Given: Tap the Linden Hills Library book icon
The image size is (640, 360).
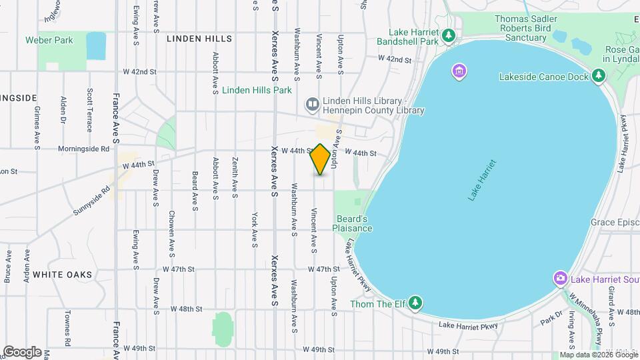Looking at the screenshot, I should [312, 103].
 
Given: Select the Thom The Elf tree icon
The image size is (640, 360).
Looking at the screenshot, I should [416, 304].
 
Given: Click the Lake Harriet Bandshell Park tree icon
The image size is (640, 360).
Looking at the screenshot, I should [449, 35].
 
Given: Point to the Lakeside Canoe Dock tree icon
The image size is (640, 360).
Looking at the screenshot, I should [599, 77].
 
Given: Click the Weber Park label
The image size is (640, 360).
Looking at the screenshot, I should [49, 40].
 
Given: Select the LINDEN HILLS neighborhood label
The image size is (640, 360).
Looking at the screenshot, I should [199, 39].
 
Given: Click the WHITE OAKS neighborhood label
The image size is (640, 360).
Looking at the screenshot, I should [62, 274].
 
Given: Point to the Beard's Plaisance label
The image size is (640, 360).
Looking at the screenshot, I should [353, 223].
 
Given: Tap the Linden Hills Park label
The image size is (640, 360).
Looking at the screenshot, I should [257, 90].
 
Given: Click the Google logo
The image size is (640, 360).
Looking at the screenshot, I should [23, 351].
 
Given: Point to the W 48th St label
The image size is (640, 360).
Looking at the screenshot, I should [186, 309].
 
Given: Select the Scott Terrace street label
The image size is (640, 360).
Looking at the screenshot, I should [89, 110].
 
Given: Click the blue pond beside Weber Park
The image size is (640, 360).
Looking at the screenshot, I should [96, 45].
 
